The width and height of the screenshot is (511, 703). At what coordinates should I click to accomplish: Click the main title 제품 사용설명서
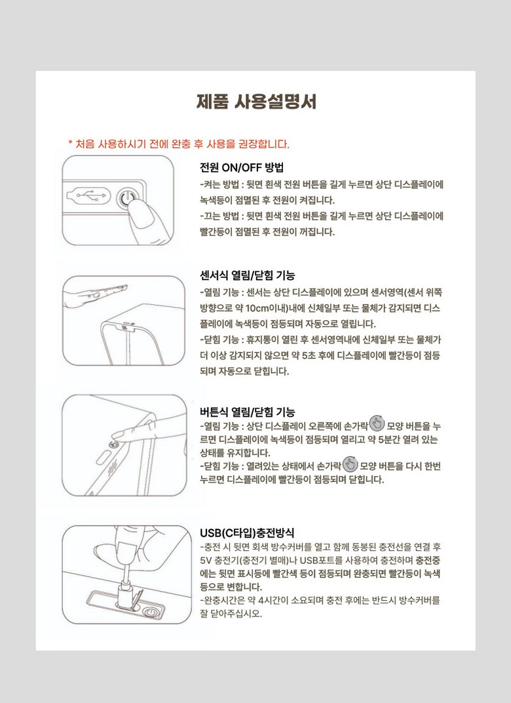(256, 102)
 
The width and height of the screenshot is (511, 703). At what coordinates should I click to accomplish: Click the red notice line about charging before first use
(179, 144)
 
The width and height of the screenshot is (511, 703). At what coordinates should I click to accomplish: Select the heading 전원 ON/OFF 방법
(242, 168)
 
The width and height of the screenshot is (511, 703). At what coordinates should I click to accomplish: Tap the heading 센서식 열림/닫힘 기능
(247, 275)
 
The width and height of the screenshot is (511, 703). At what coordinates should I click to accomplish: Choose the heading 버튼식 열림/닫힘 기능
(247, 412)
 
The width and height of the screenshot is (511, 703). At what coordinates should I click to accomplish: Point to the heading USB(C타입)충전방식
(247, 532)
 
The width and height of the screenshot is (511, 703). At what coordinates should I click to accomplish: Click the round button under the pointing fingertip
(113, 445)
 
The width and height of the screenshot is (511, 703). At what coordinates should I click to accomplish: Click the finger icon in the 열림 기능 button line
(377, 423)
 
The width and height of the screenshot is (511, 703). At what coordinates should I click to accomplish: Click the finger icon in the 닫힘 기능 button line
(350, 464)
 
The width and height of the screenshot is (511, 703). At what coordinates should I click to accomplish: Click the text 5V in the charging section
(206, 561)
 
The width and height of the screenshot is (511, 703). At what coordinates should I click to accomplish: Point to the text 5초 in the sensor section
(309, 355)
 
